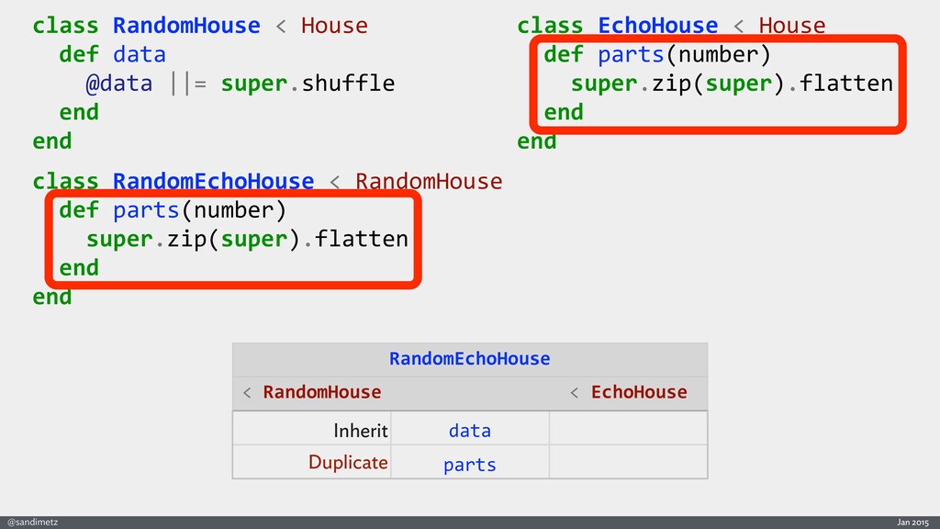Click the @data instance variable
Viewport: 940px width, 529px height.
click(118, 84)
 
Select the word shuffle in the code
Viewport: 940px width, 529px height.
click(348, 84)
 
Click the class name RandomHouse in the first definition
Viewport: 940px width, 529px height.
click(186, 26)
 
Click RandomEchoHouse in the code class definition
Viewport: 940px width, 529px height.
click(213, 181)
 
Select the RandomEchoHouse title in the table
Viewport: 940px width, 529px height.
click(469, 358)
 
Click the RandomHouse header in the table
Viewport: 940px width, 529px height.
click(321, 392)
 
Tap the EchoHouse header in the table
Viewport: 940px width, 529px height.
click(638, 392)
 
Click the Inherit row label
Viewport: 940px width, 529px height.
click(361, 430)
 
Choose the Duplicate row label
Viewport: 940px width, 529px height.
click(348, 462)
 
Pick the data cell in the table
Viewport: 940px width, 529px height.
click(469, 430)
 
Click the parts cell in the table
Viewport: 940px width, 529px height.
click(469, 465)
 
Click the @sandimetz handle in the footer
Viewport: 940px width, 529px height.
click(32, 522)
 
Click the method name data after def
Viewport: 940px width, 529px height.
click(140, 54)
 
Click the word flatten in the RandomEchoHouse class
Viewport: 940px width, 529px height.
click(362, 240)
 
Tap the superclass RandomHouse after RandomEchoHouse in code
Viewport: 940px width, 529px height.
click(429, 181)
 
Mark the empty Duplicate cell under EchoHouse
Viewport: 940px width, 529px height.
click(628, 462)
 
